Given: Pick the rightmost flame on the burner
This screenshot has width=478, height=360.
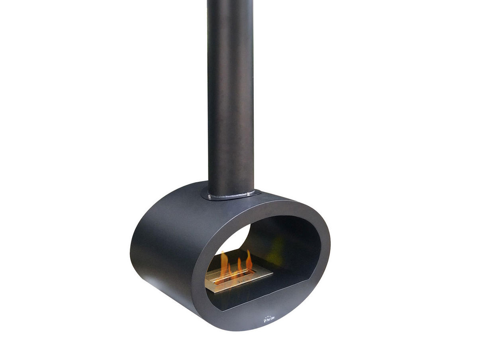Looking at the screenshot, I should tap(249, 261).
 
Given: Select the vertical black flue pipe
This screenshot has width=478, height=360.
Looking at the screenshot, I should tap(230, 100).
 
